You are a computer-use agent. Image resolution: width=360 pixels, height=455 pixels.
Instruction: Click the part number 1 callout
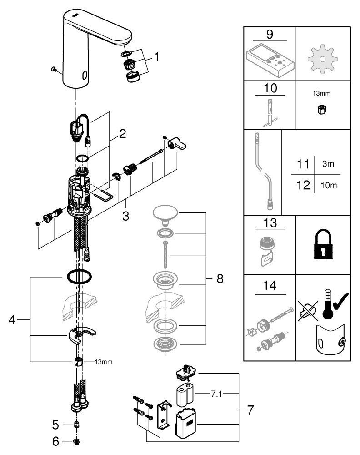tap(156, 57)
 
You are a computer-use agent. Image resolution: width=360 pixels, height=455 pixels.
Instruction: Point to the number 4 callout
tap(13, 320)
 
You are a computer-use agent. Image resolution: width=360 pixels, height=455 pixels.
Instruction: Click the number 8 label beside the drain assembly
tap(220, 279)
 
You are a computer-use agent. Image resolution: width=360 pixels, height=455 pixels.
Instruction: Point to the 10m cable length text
tap(329, 186)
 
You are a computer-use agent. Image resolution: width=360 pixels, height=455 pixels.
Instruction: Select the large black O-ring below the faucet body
tap(79, 275)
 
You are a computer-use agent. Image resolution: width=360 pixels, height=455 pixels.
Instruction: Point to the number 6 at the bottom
tap(56, 441)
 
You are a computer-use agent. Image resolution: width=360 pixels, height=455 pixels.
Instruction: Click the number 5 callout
tap(56, 425)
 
